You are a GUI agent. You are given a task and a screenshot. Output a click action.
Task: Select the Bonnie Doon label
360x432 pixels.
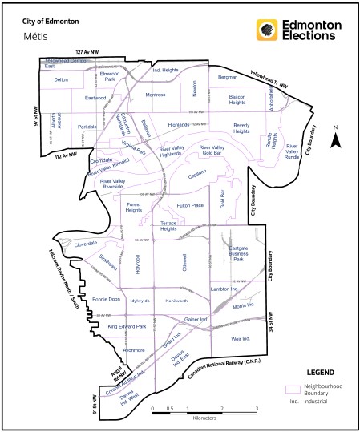(x=106, y=298)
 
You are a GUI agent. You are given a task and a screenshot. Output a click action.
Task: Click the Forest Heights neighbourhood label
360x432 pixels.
(x=134, y=207)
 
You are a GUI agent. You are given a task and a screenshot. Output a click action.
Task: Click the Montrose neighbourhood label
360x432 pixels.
(x=155, y=95)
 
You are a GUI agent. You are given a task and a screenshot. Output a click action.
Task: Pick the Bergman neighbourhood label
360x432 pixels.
(x=229, y=78)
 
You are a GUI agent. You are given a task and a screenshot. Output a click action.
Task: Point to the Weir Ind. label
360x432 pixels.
(x=241, y=339)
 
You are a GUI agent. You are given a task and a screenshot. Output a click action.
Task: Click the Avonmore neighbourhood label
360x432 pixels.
(x=134, y=350)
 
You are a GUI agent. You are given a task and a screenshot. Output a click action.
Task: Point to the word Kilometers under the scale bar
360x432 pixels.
(x=204, y=418)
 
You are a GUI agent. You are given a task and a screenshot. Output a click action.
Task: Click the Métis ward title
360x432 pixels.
(x=33, y=36)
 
